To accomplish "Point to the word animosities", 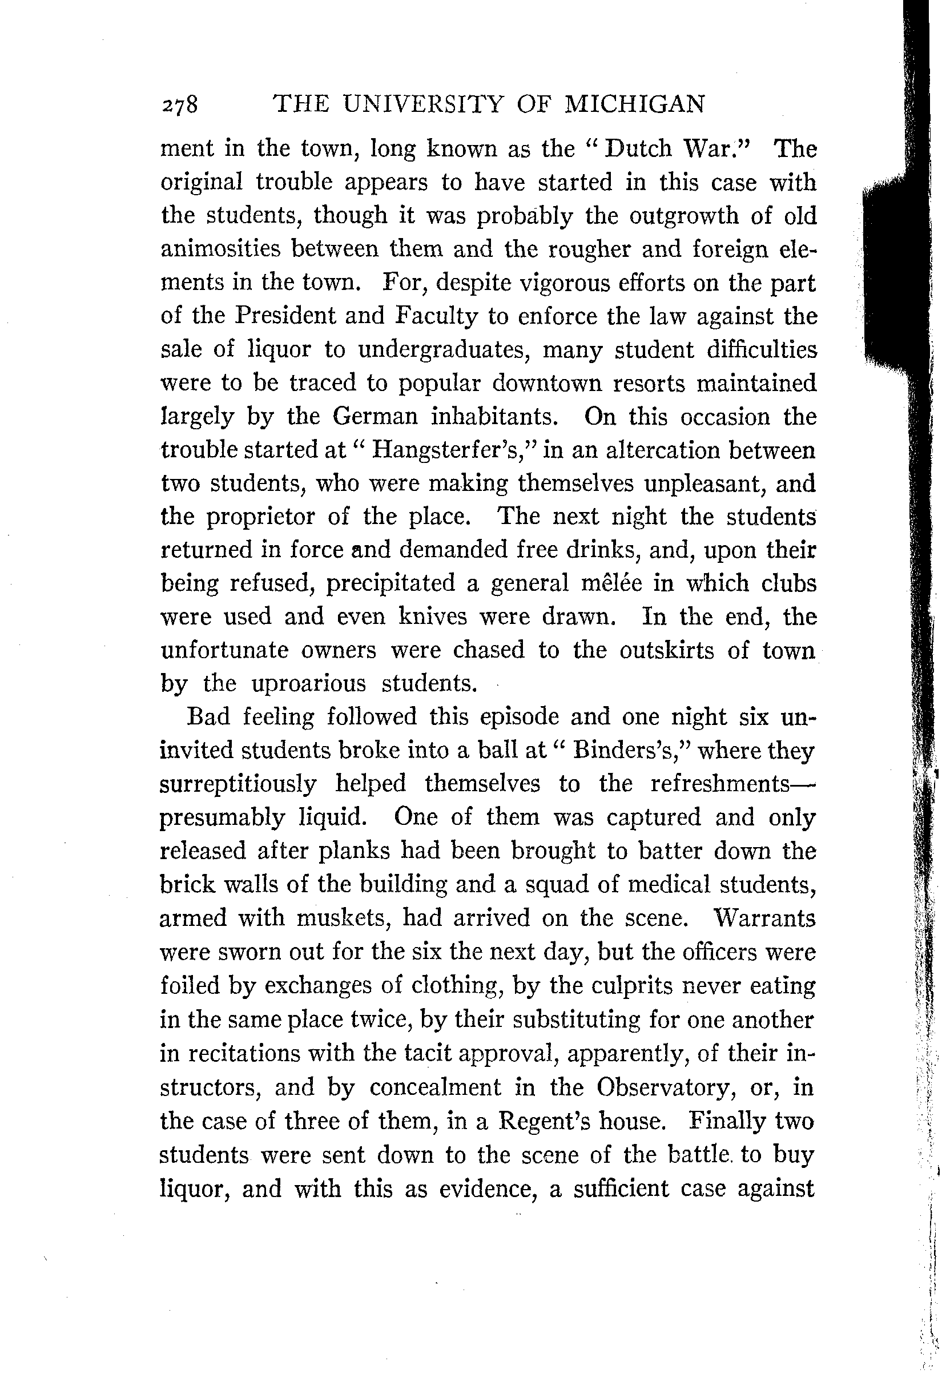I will click(x=220, y=248).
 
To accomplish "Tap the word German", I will click(x=375, y=416).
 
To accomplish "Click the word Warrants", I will click(x=763, y=917).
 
